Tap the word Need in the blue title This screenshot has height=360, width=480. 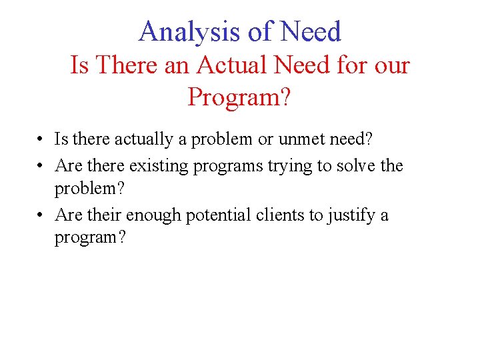(x=311, y=31)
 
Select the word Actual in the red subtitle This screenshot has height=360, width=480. (x=229, y=65)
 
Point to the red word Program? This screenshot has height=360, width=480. (x=239, y=97)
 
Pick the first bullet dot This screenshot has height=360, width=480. (x=41, y=140)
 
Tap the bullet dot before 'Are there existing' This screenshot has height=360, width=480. (x=41, y=165)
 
